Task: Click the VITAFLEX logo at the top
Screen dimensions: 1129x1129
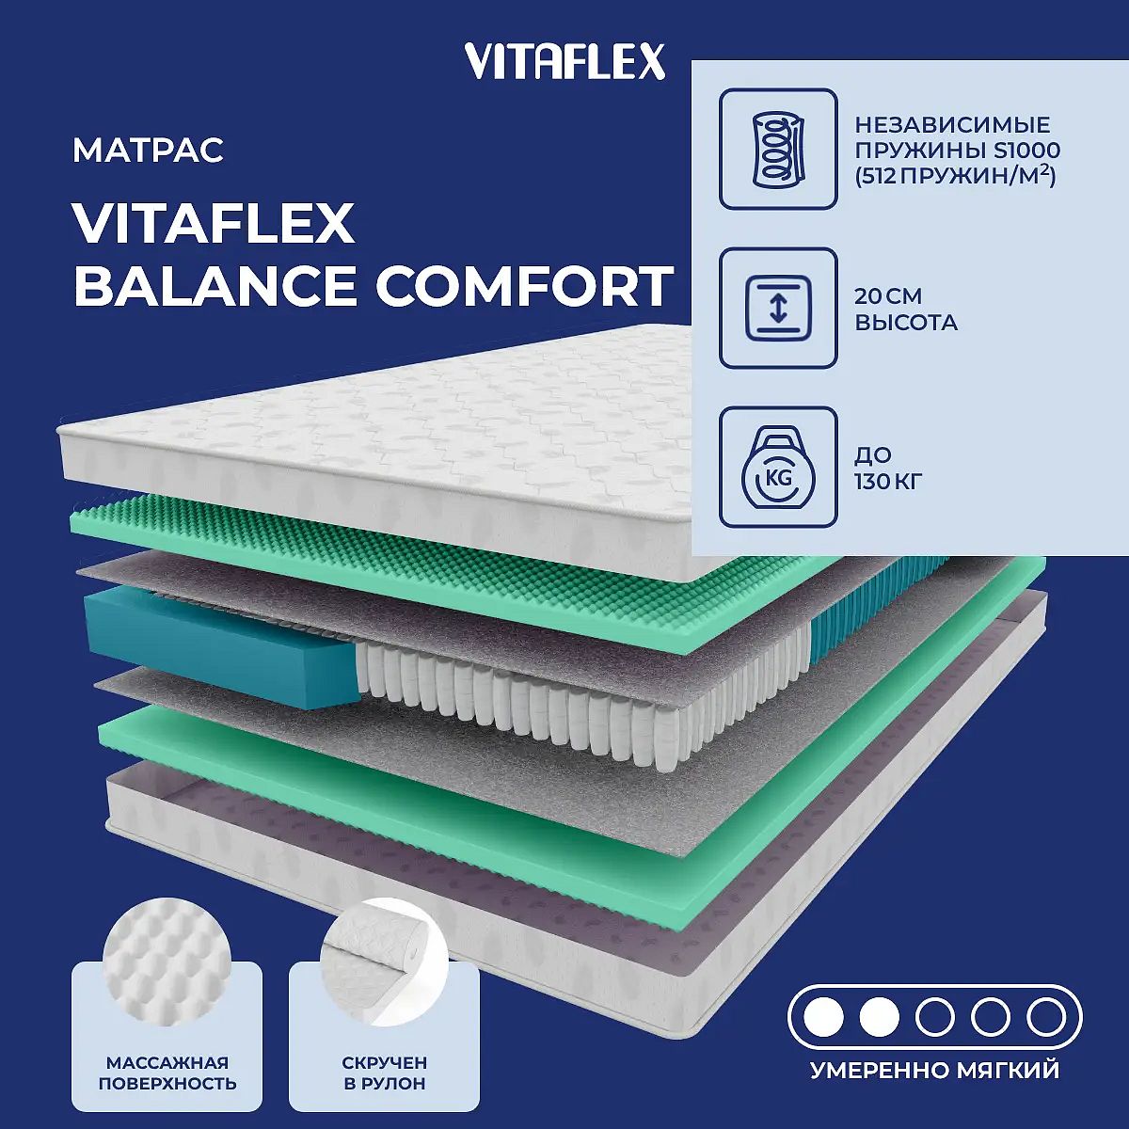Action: tap(564, 61)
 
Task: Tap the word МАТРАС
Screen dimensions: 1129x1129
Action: tap(149, 150)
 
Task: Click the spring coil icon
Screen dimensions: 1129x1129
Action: tap(778, 149)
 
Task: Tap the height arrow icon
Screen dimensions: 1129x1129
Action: tap(778, 309)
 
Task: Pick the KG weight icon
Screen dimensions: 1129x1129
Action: tap(778, 467)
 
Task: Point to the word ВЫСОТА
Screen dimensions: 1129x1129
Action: tap(906, 323)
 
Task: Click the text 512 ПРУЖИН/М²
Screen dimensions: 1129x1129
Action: tap(955, 176)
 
